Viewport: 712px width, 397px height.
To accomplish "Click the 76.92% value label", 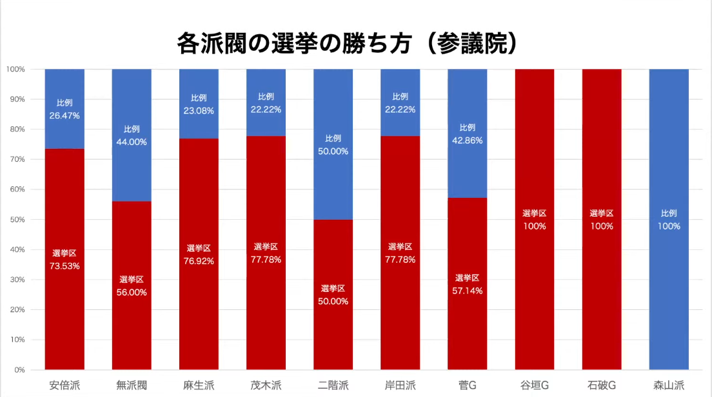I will click(x=199, y=260).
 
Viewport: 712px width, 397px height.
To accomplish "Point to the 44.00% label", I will click(x=132, y=142).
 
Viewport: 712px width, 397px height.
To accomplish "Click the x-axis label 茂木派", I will click(x=266, y=386).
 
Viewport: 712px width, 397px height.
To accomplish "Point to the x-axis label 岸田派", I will click(x=400, y=386).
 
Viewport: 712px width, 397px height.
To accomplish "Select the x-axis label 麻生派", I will click(x=199, y=386).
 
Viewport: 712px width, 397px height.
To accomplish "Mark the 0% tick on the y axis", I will click(x=19, y=370).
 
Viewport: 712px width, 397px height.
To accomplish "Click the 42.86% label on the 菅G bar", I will click(x=468, y=140).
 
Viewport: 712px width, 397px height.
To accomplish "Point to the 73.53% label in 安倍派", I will click(x=64, y=266).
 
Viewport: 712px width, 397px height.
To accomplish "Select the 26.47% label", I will click(x=64, y=115).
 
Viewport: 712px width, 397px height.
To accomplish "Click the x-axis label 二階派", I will click(x=333, y=386).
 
